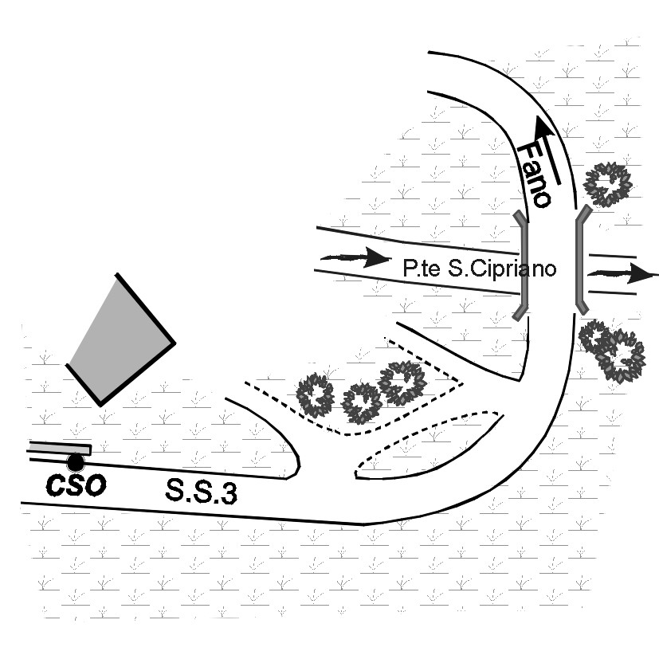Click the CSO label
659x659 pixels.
(74, 485)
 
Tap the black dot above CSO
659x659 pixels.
(76, 462)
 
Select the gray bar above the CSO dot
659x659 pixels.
(59, 449)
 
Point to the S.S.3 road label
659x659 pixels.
(200, 490)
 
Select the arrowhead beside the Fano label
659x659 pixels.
(545, 127)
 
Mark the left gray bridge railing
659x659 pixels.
(521, 266)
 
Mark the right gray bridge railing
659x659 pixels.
(581, 260)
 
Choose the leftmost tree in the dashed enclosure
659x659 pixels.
(315, 395)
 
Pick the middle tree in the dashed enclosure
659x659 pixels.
(363, 403)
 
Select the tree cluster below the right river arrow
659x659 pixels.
(614, 349)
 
